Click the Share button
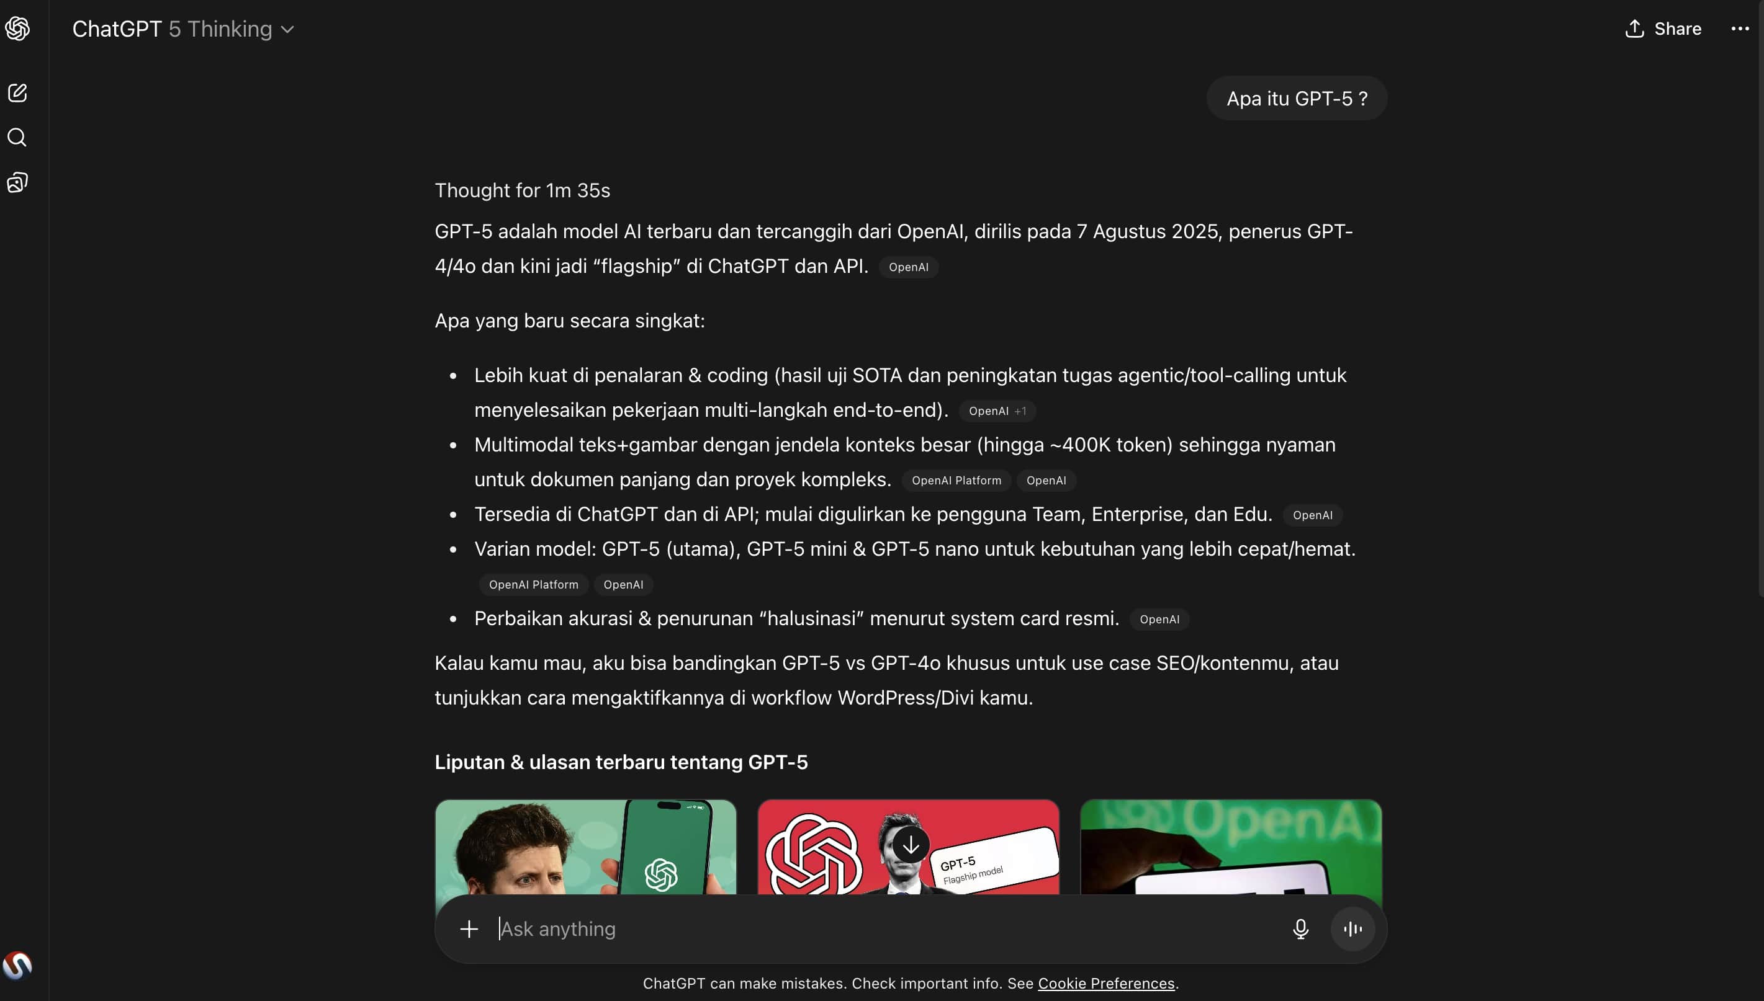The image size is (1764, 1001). click(1663, 29)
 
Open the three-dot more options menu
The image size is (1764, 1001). click(1740, 29)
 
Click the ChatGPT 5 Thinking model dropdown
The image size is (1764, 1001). click(183, 29)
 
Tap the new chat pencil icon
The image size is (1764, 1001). click(17, 93)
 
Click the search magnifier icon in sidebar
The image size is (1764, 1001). click(17, 138)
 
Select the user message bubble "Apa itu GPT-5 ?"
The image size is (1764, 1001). click(1296, 99)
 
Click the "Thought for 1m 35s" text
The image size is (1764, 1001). click(522, 190)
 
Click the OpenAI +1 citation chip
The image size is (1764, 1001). click(997, 411)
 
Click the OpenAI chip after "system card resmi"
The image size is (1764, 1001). click(1159, 620)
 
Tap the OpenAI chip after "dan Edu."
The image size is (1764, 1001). click(1312, 515)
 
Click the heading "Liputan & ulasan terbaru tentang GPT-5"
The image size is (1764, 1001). click(621, 762)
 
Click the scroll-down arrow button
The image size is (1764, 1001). click(910, 845)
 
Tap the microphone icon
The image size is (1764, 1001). click(1300, 929)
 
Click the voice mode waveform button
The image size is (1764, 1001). click(1352, 929)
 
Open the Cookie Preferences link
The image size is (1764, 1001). click(1105, 983)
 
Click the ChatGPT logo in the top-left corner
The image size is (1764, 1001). click(17, 29)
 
